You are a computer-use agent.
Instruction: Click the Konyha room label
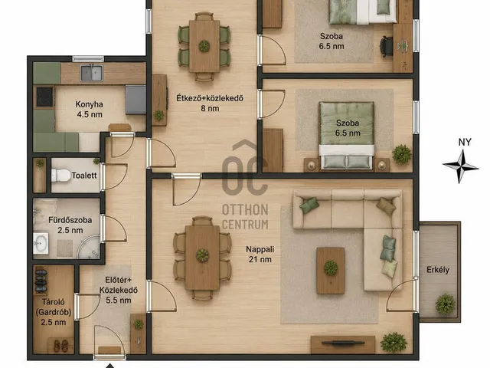click(x=90, y=109)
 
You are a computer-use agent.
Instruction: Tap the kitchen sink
click(x=92, y=73)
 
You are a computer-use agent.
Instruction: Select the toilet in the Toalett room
click(x=60, y=176)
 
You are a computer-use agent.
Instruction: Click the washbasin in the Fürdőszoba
click(x=41, y=243)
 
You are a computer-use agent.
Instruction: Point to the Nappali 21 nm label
click(x=260, y=254)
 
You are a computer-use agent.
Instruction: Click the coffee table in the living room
click(x=330, y=271)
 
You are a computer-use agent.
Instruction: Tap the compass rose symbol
click(x=460, y=166)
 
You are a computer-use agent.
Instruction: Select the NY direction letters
click(x=465, y=142)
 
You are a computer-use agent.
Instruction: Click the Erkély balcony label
click(x=438, y=270)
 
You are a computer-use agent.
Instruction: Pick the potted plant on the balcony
click(x=446, y=304)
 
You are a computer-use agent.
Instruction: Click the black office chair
click(x=386, y=47)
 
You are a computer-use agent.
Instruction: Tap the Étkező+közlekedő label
click(x=210, y=103)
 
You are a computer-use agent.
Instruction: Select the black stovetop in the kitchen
click(x=44, y=97)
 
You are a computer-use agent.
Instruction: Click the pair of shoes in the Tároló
click(x=60, y=346)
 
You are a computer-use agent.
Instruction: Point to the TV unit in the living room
click(x=343, y=345)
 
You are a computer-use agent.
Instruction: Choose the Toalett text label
click(x=84, y=176)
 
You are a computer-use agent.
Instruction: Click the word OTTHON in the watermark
click(x=245, y=210)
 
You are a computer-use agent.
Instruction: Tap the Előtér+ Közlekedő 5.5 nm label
click(x=119, y=290)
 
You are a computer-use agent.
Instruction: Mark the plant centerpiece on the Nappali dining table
click(x=202, y=255)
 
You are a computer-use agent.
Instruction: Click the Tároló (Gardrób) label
click(x=54, y=312)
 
